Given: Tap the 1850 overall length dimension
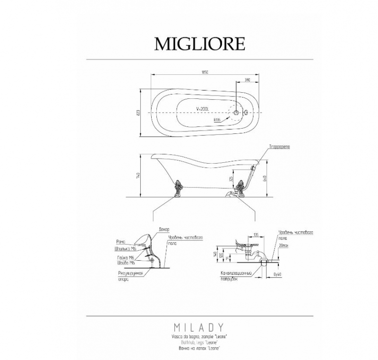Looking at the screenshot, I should pyautogui.click(x=204, y=72).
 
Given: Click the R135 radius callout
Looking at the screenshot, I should pyautogui.click(x=217, y=120).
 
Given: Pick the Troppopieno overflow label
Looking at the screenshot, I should pyautogui.click(x=280, y=147).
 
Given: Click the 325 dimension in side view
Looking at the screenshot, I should pyautogui.click(x=231, y=180).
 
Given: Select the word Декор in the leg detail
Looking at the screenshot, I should pyautogui.click(x=164, y=229).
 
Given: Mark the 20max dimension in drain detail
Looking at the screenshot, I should pyautogui.click(x=283, y=246).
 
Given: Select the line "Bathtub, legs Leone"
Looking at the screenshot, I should pyautogui.click(x=199, y=342).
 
